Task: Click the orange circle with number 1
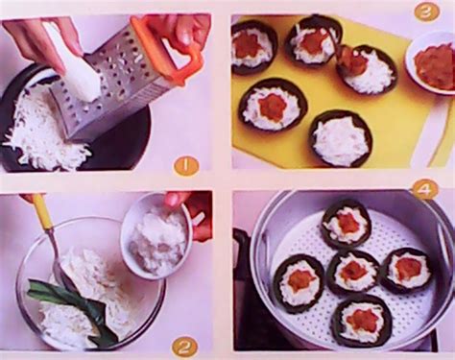click(186, 165)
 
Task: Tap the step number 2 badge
click(185, 345)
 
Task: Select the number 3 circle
click(426, 12)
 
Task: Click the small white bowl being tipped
click(156, 234)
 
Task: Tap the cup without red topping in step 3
click(341, 138)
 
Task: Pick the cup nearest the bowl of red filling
click(368, 70)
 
